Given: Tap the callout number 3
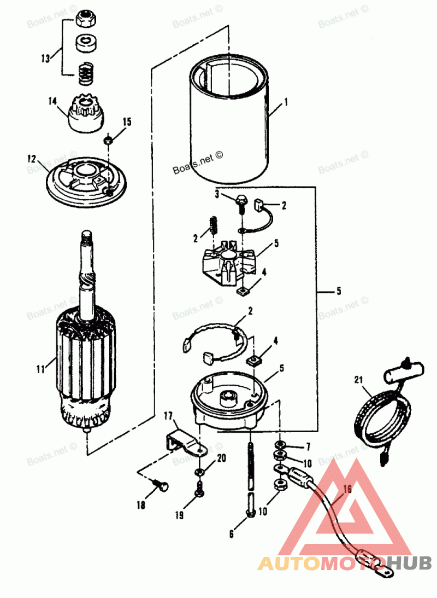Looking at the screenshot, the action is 217,194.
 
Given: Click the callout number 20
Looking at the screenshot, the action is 221,458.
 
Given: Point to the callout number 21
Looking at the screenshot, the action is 358,379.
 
